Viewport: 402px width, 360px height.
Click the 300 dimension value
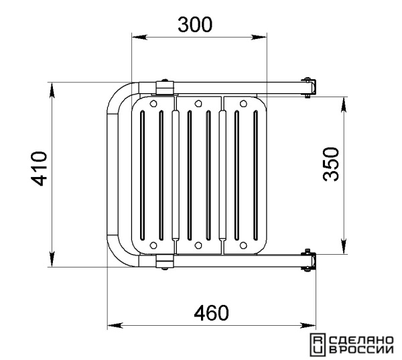click(195, 25)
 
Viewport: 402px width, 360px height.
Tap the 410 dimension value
click(40, 168)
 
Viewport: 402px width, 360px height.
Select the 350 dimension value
click(331, 164)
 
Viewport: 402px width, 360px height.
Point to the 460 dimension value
click(211, 313)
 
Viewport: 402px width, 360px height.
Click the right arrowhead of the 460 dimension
click(308, 325)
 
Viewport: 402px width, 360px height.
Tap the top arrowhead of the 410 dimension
click(52, 91)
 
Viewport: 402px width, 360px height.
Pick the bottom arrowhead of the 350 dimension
click(344, 246)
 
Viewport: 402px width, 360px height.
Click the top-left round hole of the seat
click(153, 103)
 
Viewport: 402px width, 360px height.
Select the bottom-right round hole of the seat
click(243, 245)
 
